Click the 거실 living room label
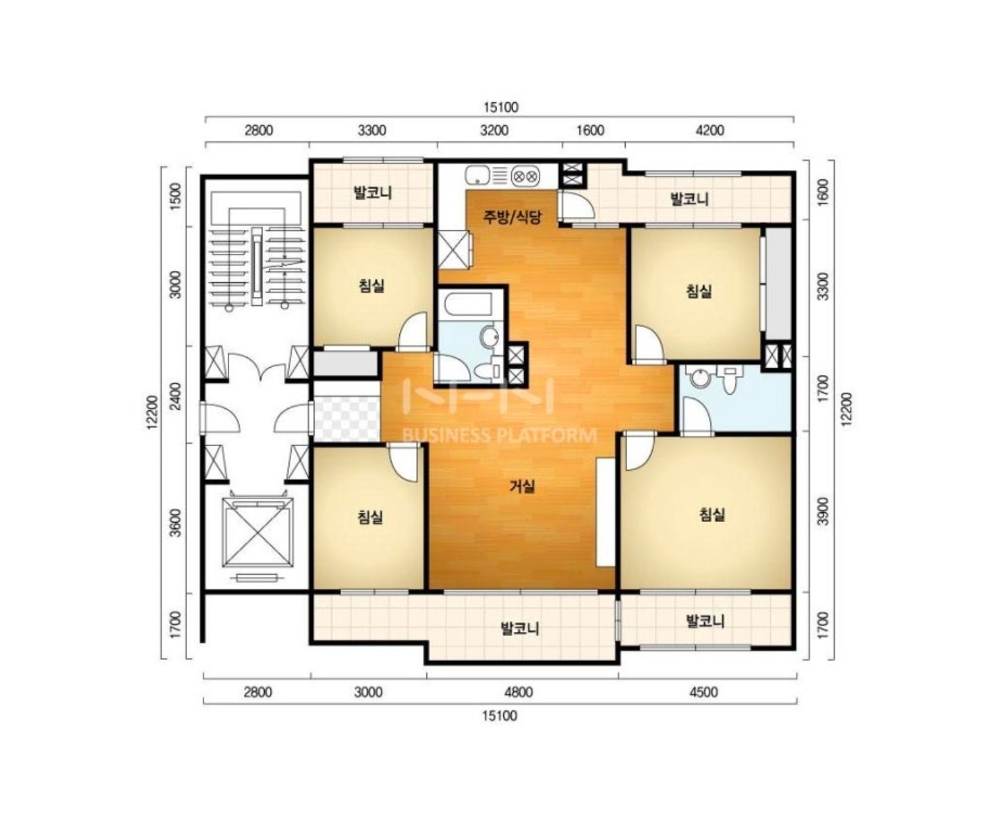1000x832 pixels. coord(522,487)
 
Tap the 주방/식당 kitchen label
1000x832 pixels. coord(512,217)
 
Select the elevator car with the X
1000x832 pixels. coord(257,532)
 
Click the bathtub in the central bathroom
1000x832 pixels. coord(468,304)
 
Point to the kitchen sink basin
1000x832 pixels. coord(476,175)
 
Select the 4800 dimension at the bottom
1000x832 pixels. coord(519,692)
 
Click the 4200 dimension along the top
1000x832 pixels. coord(709,131)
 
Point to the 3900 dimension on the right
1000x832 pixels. coord(823,512)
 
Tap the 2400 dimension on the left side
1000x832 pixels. coord(176,396)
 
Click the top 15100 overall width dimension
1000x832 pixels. coord(501,107)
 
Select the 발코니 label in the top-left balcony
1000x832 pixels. coord(373,193)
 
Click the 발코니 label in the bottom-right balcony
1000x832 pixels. coord(706,621)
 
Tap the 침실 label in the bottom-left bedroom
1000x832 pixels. coord(370,517)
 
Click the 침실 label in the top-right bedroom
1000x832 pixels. coord(699,291)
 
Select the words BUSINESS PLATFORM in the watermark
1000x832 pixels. coord(500,435)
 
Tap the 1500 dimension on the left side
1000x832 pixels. coord(176,195)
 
